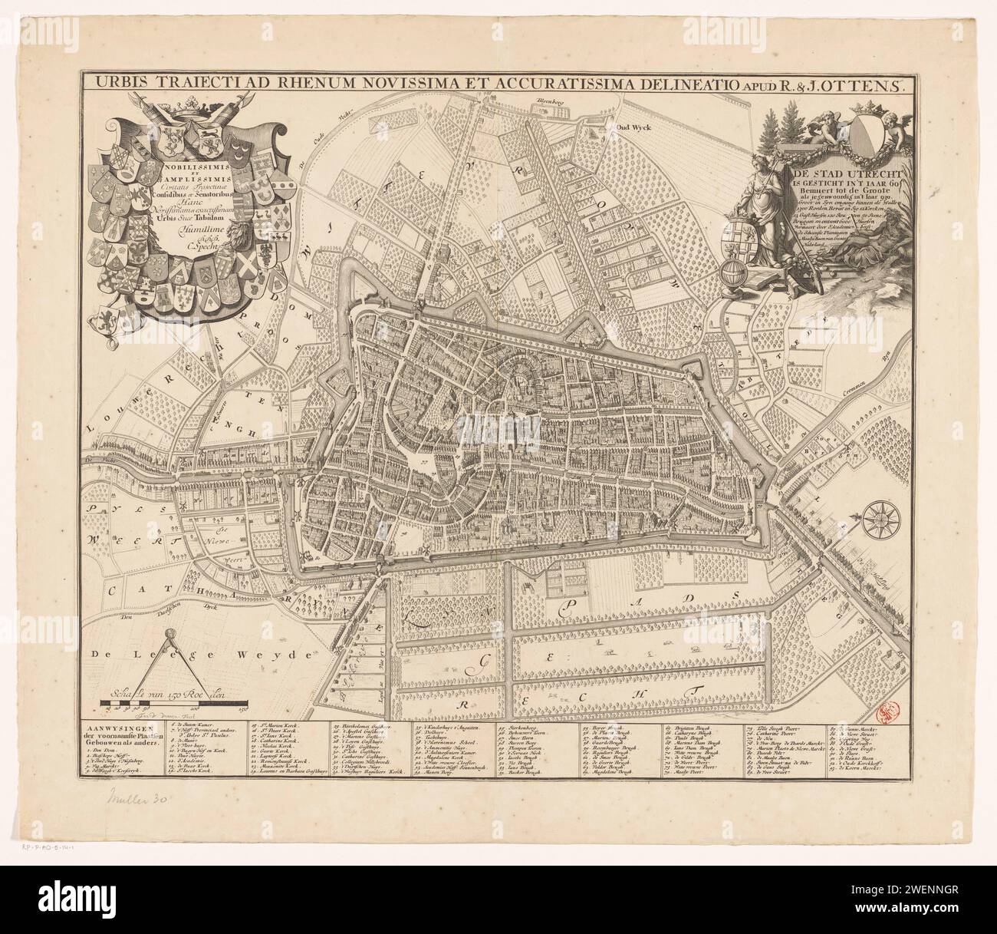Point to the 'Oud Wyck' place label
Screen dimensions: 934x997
click(633, 128)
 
